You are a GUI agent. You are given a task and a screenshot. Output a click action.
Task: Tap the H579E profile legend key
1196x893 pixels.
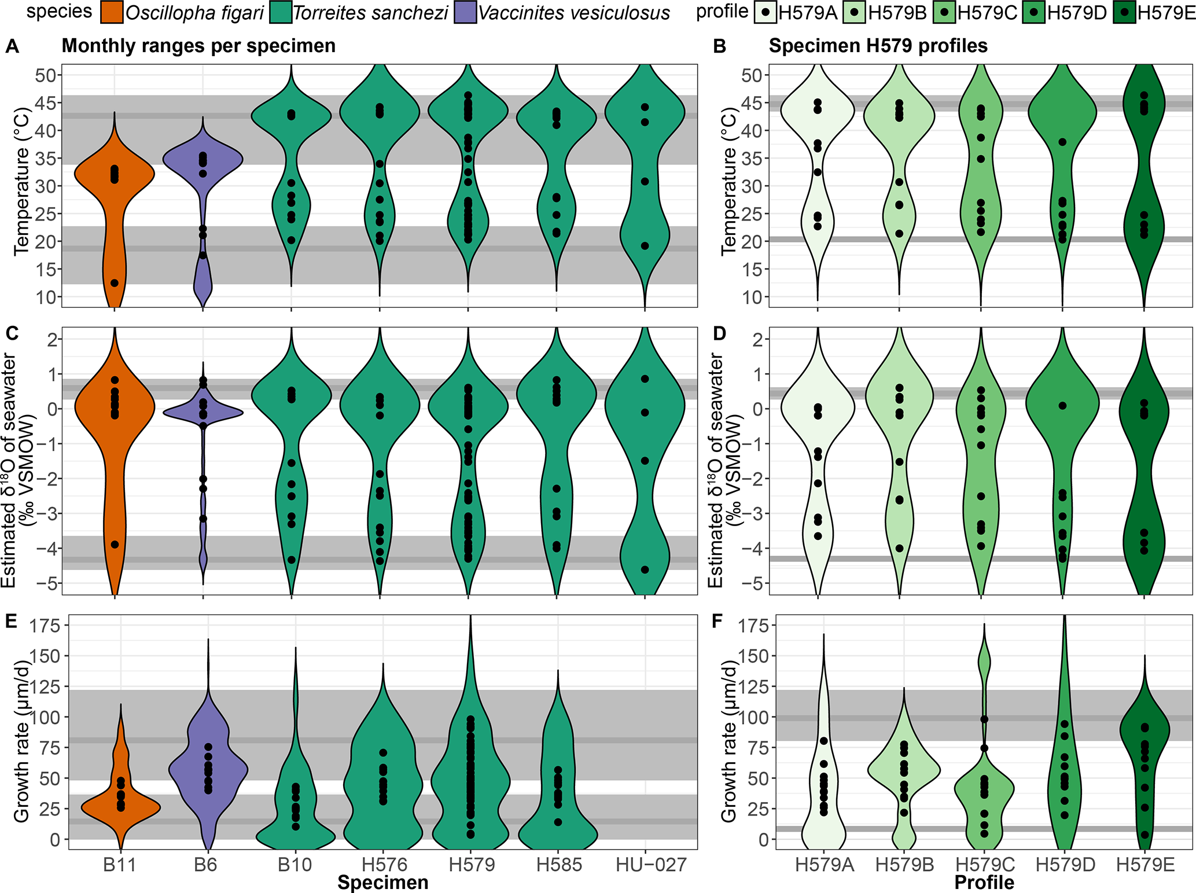tap(1124, 13)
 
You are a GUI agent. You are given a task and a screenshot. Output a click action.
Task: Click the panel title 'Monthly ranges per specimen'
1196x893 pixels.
tap(198, 46)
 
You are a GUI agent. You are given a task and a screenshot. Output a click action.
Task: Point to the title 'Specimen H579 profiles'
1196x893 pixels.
tap(878, 46)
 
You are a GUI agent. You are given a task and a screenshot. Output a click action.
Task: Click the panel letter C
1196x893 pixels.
tap(12, 333)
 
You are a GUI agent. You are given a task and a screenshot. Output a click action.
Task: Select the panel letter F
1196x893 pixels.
tap(717, 622)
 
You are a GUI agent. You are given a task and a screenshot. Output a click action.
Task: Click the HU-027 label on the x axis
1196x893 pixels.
tap(651, 865)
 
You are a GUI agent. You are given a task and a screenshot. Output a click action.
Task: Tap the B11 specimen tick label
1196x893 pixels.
tap(119, 865)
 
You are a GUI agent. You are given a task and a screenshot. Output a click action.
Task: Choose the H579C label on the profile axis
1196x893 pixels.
tap(984, 865)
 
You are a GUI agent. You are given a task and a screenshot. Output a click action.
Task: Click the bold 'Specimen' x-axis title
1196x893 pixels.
tap(383, 883)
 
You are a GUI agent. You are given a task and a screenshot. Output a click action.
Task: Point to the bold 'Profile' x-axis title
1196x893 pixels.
tap(984, 883)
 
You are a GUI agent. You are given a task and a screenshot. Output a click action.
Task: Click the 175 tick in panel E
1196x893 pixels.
tap(47, 626)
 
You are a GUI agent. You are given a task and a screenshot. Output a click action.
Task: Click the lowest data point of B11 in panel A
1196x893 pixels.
tap(115, 283)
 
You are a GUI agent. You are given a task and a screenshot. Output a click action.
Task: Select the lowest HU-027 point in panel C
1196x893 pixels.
tap(645, 570)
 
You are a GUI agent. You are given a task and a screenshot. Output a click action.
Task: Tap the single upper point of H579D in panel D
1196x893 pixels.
tap(1063, 406)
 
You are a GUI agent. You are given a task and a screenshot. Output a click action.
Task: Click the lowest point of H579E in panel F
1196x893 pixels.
tap(1145, 835)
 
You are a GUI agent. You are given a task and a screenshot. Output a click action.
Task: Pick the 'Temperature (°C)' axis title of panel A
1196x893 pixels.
tap(22, 181)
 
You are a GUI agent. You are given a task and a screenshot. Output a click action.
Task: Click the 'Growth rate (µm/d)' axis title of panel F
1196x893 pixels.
tap(729, 742)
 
